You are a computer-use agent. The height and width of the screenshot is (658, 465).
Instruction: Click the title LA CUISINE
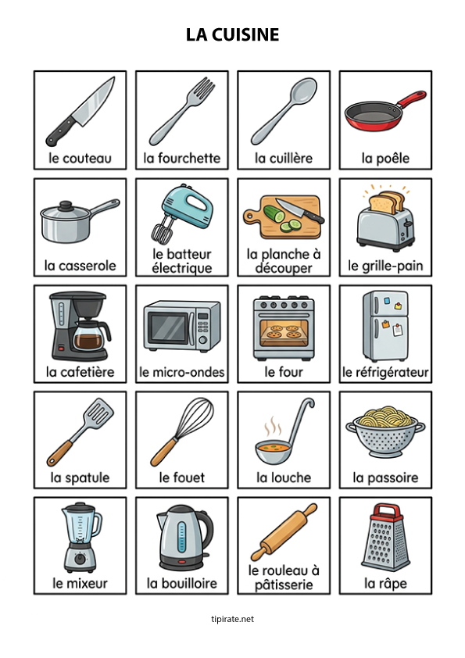(232, 35)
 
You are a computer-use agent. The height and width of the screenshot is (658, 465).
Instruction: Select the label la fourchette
(182, 159)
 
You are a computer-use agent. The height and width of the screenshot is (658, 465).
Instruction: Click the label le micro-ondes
(182, 373)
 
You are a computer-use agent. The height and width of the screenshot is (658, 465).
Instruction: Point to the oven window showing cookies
(283, 331)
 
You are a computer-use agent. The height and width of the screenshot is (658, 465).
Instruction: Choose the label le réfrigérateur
(385, 373)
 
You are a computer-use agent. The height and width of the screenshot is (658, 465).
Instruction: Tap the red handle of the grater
(384, 511)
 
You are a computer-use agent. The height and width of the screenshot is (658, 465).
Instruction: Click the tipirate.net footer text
(232, 619)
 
